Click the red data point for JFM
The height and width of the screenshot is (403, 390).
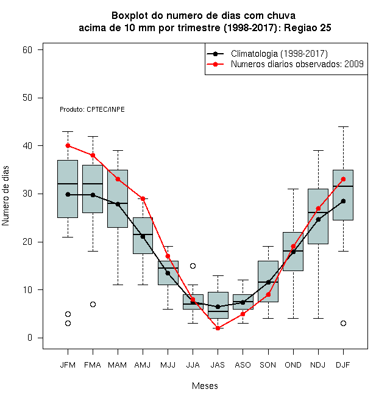click(68, 146)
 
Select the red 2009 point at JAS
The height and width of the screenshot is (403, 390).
click(218, 329)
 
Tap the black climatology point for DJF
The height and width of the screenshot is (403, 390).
click(343, 201)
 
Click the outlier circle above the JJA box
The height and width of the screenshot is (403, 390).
click(193, 266)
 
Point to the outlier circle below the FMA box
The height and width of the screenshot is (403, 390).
click(93, 304)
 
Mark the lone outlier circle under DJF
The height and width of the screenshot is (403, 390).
click(343, 324)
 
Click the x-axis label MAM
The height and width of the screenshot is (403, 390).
click(118, 365)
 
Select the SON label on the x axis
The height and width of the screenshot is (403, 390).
click(268, 365)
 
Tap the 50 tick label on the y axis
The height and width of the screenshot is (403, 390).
click(27, 98)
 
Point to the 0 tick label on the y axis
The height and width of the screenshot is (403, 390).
click(30, 338)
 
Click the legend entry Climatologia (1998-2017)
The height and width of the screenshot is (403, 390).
click(279, 54)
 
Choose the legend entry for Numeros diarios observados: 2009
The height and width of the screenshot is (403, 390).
click(297, 64)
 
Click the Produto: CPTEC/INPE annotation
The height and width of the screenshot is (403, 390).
click(92, 109)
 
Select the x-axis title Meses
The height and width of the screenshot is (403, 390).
click(205, 386)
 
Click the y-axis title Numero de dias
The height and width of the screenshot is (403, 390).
click(5, 196)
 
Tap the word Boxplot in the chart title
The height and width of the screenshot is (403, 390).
click(130, 16)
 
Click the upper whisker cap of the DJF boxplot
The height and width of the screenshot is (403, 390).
click(343, 127)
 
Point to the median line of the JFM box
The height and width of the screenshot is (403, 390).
click(68, 184)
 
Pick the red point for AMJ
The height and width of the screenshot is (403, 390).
click(143, 198)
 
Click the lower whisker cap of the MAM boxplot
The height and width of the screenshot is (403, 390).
click(118, 285)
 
